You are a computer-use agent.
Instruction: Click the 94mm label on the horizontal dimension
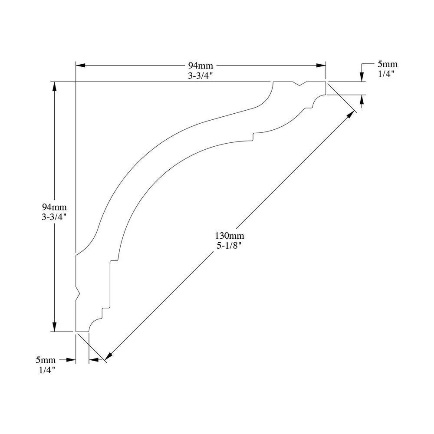click(x=201, y=66)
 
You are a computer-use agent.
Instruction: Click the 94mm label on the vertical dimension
click(x=54, y=207)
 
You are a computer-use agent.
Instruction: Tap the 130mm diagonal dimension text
click(x=230, y=236)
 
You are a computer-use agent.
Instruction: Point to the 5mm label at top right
click(x=388, y=64)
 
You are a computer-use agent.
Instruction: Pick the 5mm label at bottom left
click(x=46, y=360)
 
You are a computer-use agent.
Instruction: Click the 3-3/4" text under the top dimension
click(x=201, y=76)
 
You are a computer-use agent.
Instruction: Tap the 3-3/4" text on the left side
click(x=54, y=217)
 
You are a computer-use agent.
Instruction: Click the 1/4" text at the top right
click(x=386, y=74)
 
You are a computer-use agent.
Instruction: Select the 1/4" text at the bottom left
click(x=47, y=370)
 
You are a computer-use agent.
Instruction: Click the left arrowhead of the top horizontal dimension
click(x=80, y=66)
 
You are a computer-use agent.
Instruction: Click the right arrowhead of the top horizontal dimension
click(x=321, y=66)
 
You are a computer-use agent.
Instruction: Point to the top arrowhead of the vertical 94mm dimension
click(x=55, y=86)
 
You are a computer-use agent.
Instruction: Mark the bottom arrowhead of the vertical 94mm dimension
click(x=55, y=327)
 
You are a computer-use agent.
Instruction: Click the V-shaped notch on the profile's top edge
click(x=300, y=84)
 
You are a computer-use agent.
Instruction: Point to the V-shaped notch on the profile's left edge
click(x=78, y=293)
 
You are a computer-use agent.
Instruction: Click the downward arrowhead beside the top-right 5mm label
click(x=362, y=77)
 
